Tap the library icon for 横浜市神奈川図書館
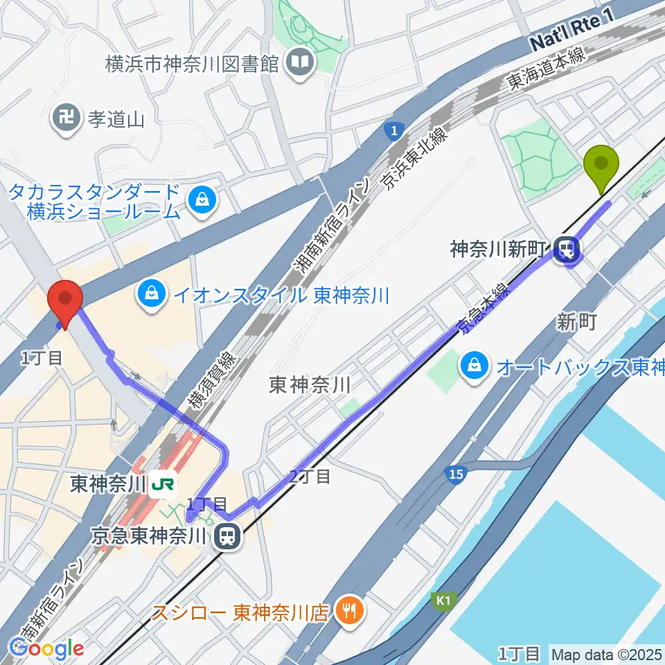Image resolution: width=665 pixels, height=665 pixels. click(x=302, y=64)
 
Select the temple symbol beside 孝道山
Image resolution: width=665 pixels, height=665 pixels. click(x=66, y=119)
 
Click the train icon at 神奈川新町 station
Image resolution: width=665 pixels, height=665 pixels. click(x=567, y=249)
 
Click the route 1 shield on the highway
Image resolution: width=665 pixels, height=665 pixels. click(x=393, y=131)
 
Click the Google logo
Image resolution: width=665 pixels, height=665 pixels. click(x=46, y=648)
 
